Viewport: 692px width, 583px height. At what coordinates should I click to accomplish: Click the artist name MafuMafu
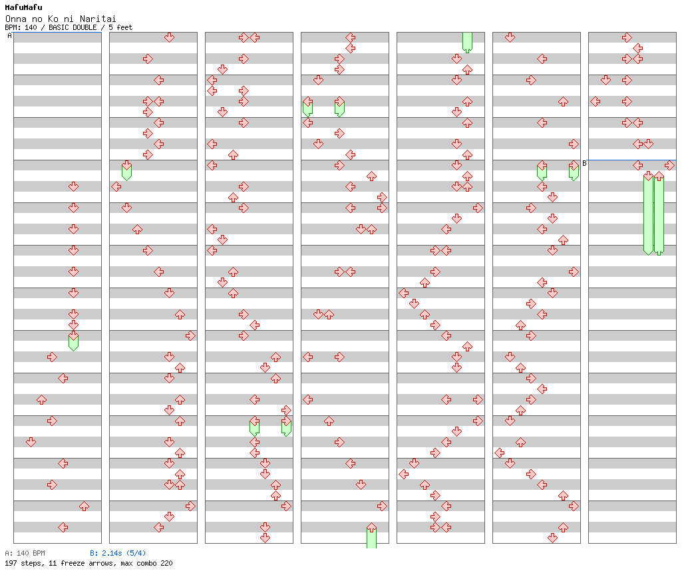point(23,7)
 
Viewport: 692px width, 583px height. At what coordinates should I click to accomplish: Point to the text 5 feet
point(120,28)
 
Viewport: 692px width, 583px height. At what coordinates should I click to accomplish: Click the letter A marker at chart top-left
point(9,36)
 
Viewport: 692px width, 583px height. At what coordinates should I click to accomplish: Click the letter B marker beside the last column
point(584,163)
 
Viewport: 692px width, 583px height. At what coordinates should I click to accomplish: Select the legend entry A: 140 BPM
point(25,553)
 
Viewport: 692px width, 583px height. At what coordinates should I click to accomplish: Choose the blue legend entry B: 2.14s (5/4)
point(118,553)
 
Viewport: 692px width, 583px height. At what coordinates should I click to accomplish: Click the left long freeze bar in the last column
point(648,213)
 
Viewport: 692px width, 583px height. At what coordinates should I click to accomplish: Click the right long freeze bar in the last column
point(659,213)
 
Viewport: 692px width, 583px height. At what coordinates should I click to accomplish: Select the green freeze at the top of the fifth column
point(467,42)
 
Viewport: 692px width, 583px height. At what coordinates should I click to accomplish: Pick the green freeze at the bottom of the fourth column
point(371,536)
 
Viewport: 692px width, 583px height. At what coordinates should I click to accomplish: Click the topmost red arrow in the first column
point(73,186)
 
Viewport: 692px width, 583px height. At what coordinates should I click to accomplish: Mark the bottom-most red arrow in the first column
point(63,527)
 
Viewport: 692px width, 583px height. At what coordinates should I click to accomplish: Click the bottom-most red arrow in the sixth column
point(552,538)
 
